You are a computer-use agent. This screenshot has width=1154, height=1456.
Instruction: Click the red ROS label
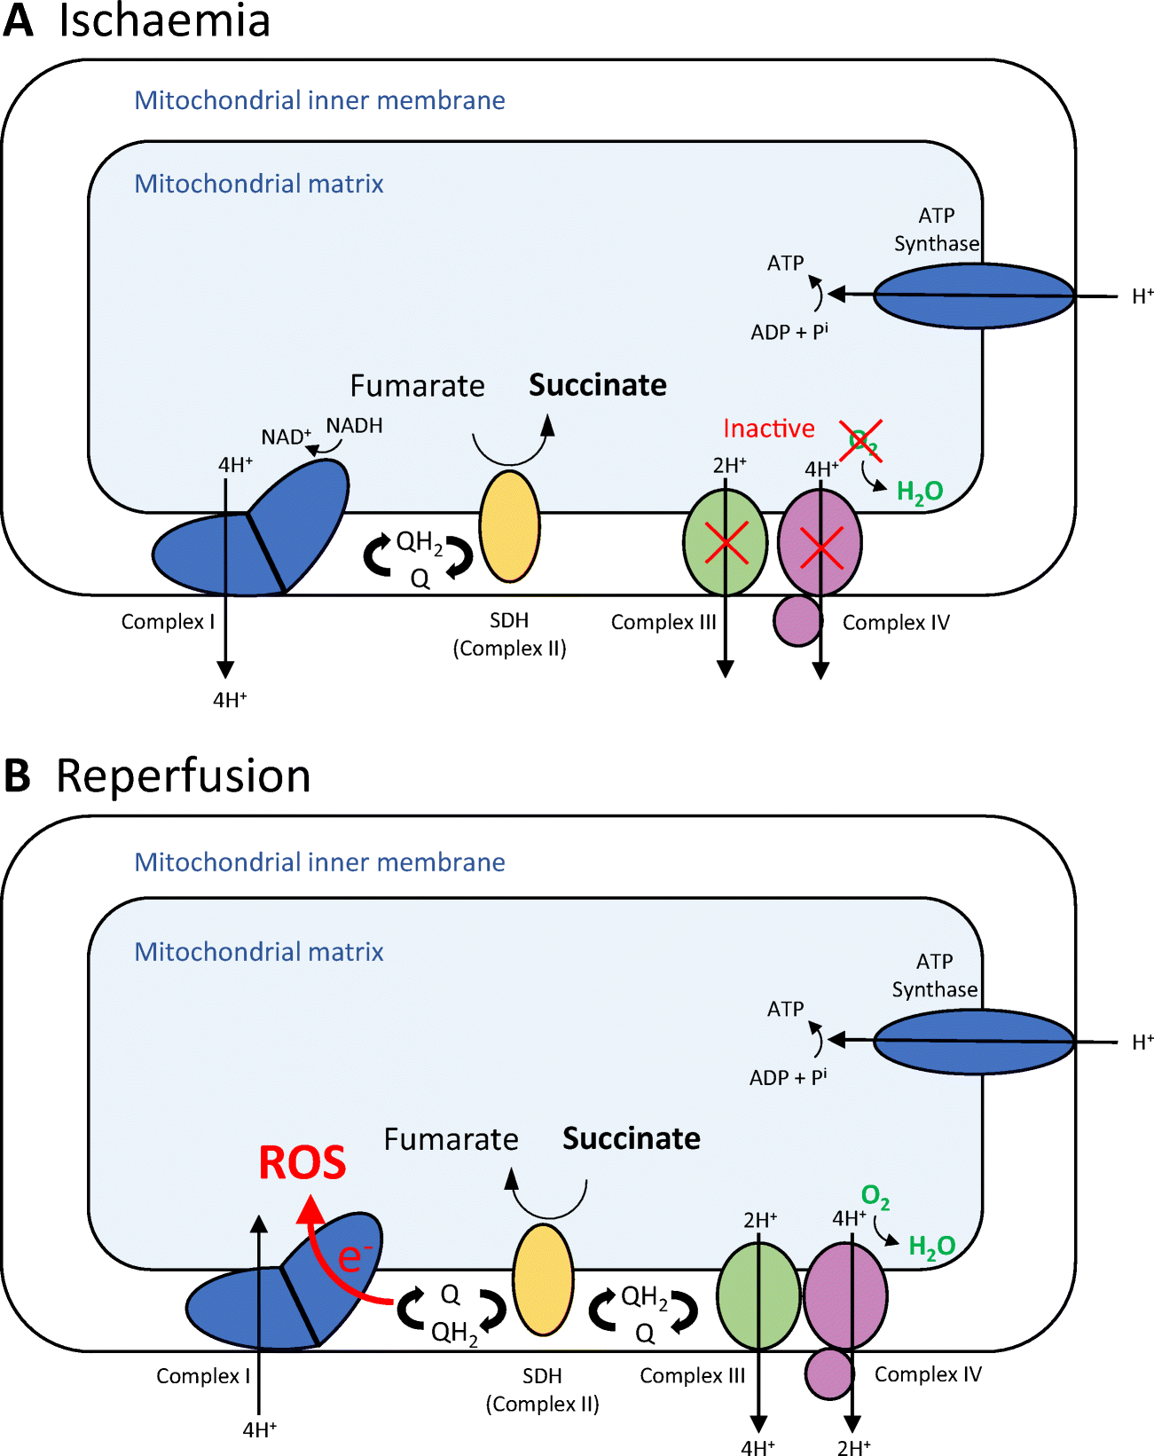pyautogui.click(x=302, y=1162)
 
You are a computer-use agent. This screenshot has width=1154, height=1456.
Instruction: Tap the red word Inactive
pyautogui.click(x=768, y=429)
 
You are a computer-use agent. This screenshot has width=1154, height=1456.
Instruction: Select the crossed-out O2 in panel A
pyautogui.click(x=861, y=440)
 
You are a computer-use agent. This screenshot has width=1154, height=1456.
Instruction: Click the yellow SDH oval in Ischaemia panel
pyautogui.click(x=509, y=526)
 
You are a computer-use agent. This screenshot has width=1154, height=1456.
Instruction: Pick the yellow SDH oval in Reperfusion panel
pyautogui.click(x=543, y=1279)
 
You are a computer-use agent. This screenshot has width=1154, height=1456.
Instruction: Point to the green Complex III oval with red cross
pyautogui.click(x=725, y=542)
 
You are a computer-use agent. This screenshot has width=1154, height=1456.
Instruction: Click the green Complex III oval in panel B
pyautogui.click(x=758, y=1295)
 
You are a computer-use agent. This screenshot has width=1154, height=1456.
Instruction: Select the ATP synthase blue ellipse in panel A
pyautogui.click(x=973, y=295)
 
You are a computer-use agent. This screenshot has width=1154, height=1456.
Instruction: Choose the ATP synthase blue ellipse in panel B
pyautogui.click(x=973, y=1042)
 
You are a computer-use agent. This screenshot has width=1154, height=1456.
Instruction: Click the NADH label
pyautogui.click(x=354, y=426)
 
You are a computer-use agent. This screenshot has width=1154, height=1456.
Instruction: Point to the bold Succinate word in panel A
pyautogui.click(x=597, y=385)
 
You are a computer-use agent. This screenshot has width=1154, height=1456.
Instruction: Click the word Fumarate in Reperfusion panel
pyautogui.click(x=451, y=1139)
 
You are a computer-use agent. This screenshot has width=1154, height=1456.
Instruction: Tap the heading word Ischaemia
pyautogui.click(x=164, y=20)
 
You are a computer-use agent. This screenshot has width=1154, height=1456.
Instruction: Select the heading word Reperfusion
pyautogui.click(x=183, y=775)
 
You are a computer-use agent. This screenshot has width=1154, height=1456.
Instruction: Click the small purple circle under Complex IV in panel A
pyautogui.click(x=797, y=620)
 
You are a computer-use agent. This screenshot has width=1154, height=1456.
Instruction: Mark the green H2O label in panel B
pyautogui.click(x=931, y=1247)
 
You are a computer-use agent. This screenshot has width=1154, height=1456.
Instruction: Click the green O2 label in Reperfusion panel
pyautogui.click(x=875, y=1197)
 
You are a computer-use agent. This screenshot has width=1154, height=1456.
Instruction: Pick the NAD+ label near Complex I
pyautogui.click(x=285, y=437)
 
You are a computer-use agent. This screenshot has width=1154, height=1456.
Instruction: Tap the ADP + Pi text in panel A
pyautogui.click(x=789, y=332)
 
